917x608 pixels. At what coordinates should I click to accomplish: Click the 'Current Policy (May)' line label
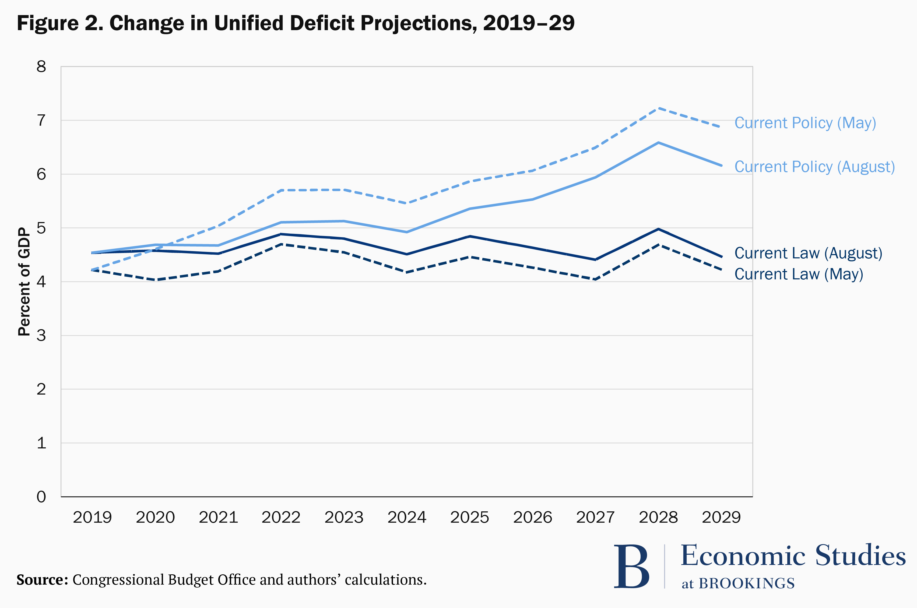coord(805,123)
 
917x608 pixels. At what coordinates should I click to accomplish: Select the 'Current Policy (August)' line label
coord(814,167)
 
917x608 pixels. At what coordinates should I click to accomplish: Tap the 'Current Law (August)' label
coord(808,253)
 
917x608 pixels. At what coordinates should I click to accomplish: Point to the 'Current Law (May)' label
coord(798,274)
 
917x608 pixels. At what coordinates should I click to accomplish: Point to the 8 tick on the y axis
coord(41,67)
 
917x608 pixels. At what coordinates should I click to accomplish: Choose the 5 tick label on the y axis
coord(41,228)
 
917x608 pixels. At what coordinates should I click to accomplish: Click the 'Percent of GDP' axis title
coord(24,282)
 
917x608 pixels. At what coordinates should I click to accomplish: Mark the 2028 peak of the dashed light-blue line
coord(658,108)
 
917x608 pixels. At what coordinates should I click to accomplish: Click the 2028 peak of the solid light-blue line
coord(658,143)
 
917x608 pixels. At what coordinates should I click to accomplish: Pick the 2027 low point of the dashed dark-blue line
coord(595,279)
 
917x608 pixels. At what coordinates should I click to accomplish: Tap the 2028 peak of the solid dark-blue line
coord(658,229)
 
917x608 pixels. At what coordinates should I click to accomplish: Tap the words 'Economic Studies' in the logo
coord(793,556)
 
